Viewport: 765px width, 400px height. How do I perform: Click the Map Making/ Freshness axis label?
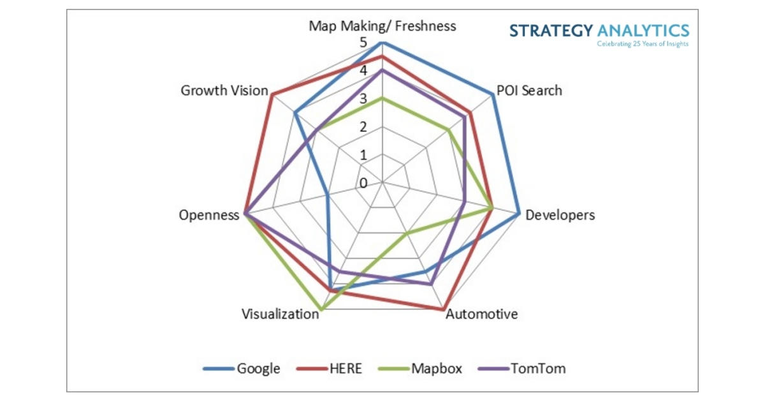pos(382,26)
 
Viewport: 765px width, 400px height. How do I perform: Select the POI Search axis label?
pos(529,90)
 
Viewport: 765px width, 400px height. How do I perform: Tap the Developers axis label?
pos(559,215)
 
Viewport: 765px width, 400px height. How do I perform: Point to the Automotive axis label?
pos(481,314)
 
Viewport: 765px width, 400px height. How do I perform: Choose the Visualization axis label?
pos(280,314)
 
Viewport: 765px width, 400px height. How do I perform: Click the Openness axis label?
pos(208,214)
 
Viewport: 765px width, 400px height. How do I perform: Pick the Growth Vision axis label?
pos(224,91)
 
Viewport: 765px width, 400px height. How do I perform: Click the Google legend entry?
pos(258,368)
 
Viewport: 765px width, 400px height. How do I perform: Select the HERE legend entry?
pos(345,368)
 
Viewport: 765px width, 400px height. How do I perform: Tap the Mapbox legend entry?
pos(435,368)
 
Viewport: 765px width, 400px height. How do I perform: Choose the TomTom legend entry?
pos(537,368)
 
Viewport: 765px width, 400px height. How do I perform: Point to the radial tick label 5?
pos(363,42)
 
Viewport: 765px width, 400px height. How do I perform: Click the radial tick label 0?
pos(363,184)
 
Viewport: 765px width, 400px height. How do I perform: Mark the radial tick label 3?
pos(363,99)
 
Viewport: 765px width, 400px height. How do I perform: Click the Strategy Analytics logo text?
pos(599,31)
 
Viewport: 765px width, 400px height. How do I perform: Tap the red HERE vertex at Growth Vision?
pos(272,95)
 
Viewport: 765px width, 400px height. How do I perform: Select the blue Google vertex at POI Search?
pos(493,95)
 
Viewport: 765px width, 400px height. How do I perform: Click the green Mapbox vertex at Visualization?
pos(321,310)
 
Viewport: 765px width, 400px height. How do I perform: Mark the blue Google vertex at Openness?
pos(327,195)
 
